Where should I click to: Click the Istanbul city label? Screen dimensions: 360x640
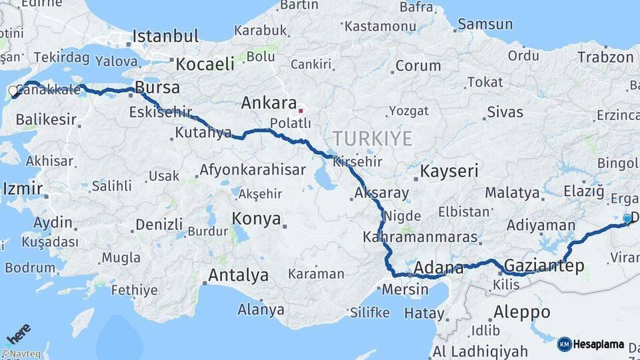(x=165, y=36)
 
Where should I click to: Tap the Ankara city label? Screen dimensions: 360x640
(x=268, y=103)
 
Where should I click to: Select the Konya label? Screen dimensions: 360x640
(x=255, y=219)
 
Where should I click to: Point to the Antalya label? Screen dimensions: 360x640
(x=238, y=275)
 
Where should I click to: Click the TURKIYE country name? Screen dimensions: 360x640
(x=372, y=139)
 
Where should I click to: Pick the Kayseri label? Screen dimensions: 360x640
(x=449, y=171)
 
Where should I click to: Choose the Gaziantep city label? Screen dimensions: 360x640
(x=544, y=266)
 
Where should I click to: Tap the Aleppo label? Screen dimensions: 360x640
(x=521, y=311)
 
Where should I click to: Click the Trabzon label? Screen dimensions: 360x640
(x=605, y=57)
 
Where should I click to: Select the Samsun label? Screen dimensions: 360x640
(x=485, y=24)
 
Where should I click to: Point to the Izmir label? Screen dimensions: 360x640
(x=22, y=189)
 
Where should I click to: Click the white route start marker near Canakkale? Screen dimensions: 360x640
(x=13, y=91)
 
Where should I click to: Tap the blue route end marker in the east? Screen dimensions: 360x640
(x=627, y=218)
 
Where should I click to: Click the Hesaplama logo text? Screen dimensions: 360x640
(x=599, y=345)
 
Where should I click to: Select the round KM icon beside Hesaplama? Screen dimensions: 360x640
(x=564, y=345)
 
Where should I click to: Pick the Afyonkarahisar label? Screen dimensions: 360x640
(x=253, y=169)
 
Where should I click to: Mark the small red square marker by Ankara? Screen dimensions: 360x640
(x=301, y=111)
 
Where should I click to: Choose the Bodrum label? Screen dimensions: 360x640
(x=30, y=268)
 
